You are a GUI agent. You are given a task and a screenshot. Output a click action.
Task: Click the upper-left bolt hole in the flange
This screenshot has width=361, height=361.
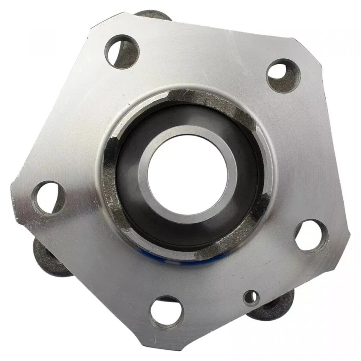121,52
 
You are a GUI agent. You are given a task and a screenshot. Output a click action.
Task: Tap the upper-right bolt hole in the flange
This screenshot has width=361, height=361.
283,75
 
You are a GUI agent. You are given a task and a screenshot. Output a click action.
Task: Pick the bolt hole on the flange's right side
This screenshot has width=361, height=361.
311,236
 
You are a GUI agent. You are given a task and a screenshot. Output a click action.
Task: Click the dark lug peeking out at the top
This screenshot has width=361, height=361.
152,15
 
